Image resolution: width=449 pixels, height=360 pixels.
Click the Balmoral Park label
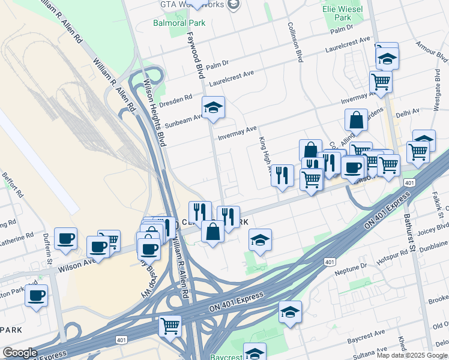click(179, 22)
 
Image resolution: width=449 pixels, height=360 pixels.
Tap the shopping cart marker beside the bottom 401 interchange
click(170, 326)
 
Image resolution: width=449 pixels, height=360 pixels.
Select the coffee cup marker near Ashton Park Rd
click(37, 296)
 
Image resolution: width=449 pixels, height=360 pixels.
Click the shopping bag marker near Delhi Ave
click(356, 119)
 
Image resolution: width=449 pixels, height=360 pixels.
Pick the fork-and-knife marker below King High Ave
click(282, 176)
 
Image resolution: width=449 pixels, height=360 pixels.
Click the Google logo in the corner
click(20, 353)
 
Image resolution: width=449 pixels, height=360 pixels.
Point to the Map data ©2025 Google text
click(412, 355)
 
